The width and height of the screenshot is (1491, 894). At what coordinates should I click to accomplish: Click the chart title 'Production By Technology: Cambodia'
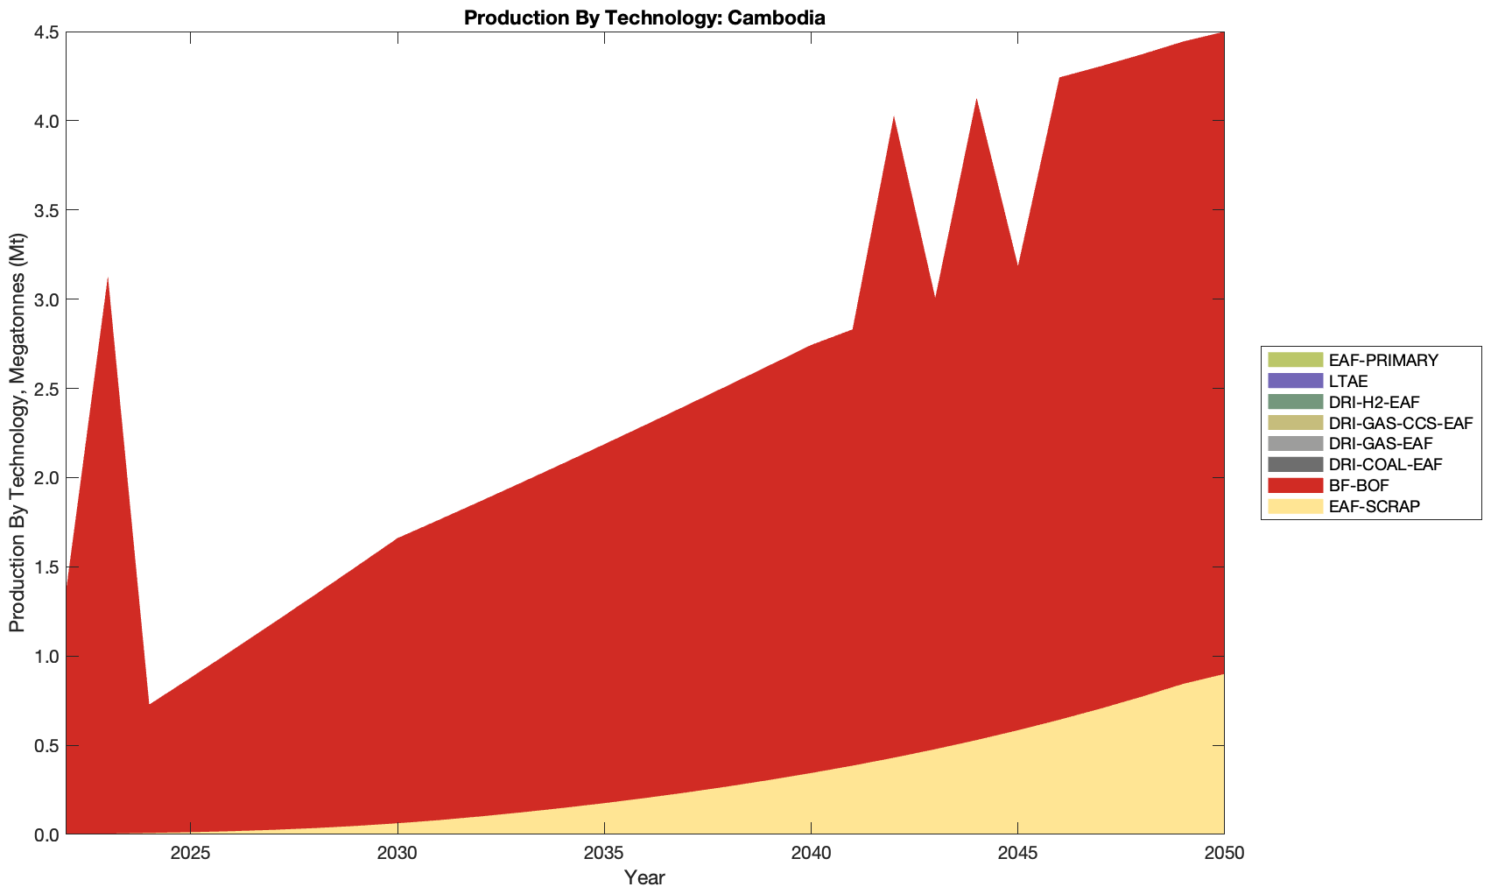[644, 17]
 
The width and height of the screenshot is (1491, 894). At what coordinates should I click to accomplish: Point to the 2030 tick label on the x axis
[397, 853]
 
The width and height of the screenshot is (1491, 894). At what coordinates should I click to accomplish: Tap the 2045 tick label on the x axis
[1017, 853]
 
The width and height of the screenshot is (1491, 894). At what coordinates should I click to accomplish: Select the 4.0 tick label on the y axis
[46, 121]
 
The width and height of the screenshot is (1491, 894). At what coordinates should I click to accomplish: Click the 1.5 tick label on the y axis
[46, 567]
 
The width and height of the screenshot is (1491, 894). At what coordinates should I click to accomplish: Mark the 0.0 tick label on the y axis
[46, 835]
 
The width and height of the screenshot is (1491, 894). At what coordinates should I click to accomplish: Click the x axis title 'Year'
[644, 877]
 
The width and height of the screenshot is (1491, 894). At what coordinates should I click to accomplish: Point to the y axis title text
[17, 433]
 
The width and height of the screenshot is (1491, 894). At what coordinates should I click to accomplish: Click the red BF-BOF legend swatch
[1294, 485]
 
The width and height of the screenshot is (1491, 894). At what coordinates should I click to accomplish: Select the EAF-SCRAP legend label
[1374, 506]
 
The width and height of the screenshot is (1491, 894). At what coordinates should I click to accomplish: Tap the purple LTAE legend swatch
[1294, 381]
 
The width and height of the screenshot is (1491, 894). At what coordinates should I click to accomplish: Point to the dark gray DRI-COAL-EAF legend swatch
[1294, 464]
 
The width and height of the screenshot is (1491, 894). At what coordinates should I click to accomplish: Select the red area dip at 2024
[149, 706]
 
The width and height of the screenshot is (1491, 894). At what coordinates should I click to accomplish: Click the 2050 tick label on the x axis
[1223, 853]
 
